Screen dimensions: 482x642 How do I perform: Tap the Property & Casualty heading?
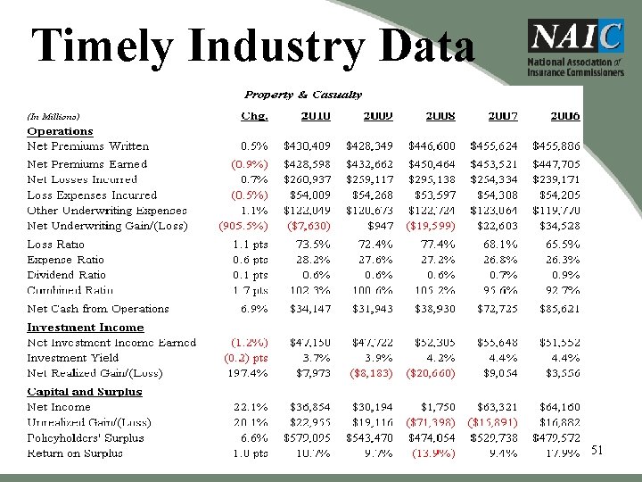pos(303,95)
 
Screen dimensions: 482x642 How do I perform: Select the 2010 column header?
pos(316,116)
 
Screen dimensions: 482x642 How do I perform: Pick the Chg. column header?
pos(253,116)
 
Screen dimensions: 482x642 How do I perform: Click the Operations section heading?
pos(60,131)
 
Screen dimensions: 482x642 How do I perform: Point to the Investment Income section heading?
pos(86,328)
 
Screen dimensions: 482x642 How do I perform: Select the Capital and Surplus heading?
pos(85,392)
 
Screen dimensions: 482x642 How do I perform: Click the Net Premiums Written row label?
pos(88,146)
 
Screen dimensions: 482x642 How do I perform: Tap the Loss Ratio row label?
pos(56,244)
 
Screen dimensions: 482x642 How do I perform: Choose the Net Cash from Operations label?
pos(98,309)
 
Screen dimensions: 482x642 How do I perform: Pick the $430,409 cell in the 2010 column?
pos(307,146)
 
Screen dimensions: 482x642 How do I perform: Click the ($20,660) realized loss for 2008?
pos(432,373)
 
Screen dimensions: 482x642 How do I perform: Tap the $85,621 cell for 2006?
pos(556,309)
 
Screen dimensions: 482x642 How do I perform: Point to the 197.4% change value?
pos(250,373)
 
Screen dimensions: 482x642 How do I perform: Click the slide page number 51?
pos(597,451)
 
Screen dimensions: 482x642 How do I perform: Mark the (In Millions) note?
pos(53,116)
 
